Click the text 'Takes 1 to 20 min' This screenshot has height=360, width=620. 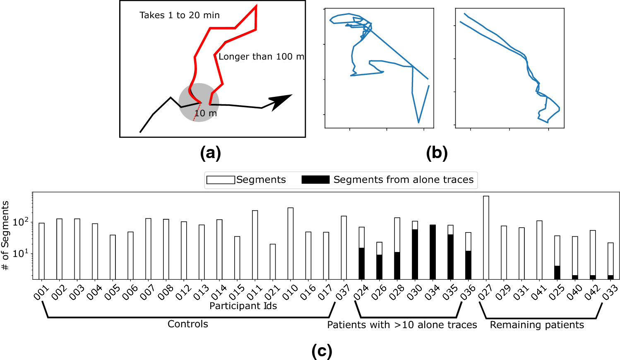click(179, 15)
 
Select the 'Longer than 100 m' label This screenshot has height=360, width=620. click(261, 57)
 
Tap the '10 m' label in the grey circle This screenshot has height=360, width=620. click(206, 113)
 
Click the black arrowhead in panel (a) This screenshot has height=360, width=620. click(281, 101)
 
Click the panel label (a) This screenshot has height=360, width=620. click(210, 153)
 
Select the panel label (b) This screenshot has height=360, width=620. click(437, 153)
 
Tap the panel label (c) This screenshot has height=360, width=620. click(322, 351)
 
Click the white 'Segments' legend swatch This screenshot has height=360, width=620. click(221, 180)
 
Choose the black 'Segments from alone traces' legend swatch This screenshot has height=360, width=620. click(315, 180)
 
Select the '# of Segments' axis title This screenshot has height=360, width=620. click(5, 235)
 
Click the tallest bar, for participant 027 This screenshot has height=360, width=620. click(486, 238)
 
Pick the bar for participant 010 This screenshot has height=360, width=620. click(291, 243)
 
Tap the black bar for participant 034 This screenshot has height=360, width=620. click(433, 252)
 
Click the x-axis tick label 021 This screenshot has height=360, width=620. click(272, 293)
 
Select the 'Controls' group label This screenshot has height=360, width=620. click(187, 324)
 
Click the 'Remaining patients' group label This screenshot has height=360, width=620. click(537, 325)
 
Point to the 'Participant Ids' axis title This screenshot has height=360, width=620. click(243, 306)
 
